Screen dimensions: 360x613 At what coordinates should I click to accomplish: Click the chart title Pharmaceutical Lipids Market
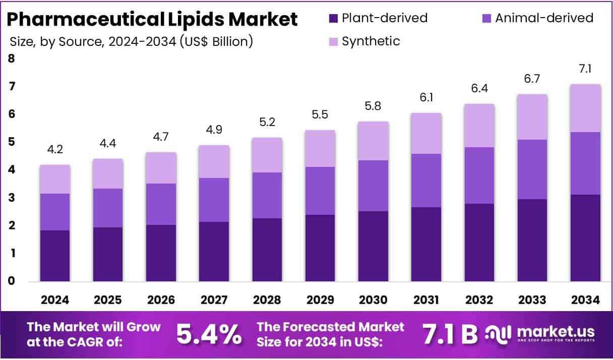152,20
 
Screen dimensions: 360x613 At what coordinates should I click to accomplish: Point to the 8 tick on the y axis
11,59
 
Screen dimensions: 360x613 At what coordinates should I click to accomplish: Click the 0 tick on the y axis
11,281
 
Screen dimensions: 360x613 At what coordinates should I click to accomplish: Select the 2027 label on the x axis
214,301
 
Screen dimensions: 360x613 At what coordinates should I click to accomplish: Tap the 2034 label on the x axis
585,301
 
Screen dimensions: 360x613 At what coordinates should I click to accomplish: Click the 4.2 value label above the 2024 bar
55,150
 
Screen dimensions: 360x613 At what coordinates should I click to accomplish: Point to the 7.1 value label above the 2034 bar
585,69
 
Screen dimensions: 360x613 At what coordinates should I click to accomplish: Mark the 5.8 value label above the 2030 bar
373,106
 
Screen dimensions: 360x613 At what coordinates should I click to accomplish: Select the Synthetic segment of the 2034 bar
585,108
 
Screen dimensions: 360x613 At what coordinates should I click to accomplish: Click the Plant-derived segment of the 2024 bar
55,256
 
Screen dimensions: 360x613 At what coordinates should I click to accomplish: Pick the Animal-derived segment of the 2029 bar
320,191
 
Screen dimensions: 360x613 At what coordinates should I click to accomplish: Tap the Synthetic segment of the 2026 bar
161,168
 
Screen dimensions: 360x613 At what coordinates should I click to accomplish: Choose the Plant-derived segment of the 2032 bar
479,242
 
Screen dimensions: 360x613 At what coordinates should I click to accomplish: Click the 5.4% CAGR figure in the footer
209,334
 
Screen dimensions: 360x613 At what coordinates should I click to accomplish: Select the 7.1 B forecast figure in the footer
448,334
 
